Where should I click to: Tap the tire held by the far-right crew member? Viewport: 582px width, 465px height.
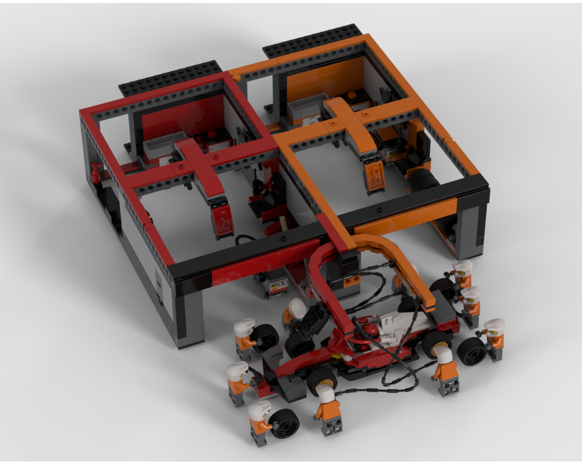coord(471,350)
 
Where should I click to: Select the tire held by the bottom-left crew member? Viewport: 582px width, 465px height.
coord(284,423)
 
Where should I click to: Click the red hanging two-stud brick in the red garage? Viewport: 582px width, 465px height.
coord(222,221)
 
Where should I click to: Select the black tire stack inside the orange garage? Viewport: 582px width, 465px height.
coord(423,180)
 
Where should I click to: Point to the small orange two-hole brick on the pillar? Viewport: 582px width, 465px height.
coord(351,282)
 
